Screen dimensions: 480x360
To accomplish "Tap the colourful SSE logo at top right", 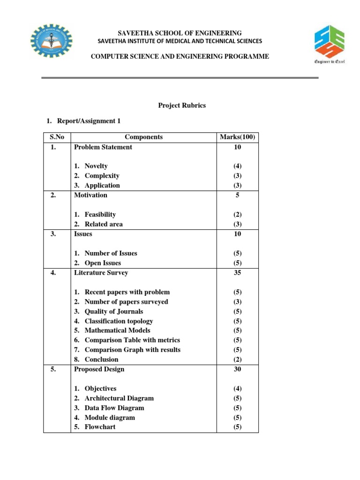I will click(330, 43).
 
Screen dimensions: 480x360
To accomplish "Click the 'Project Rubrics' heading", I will click(182, 105).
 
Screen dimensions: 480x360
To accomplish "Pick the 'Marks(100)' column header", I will click(237, 137).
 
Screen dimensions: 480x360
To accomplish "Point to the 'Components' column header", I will click(144, 137).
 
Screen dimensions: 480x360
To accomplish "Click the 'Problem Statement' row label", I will click(103, 147).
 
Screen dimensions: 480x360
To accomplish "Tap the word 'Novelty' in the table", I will click(96, 166).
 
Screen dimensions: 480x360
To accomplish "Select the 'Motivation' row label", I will click(90, 195).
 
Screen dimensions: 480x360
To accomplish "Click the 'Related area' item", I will click(104, 224).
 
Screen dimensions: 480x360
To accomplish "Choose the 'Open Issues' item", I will click(103, 263).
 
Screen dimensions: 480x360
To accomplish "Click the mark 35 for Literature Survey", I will click(237, 272).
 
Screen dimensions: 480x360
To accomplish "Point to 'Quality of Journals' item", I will click(114, 311).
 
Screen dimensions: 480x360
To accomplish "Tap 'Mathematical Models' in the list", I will click(118, 330).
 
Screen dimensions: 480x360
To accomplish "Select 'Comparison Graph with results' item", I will click(132, 350).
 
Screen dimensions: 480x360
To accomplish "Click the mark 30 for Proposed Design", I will click(237, 369).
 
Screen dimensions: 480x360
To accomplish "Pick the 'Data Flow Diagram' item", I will click(114, 408).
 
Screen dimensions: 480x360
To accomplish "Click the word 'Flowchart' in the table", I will click(100, 427).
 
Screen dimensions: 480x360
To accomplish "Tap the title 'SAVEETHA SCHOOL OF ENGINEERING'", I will click(180, 33).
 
